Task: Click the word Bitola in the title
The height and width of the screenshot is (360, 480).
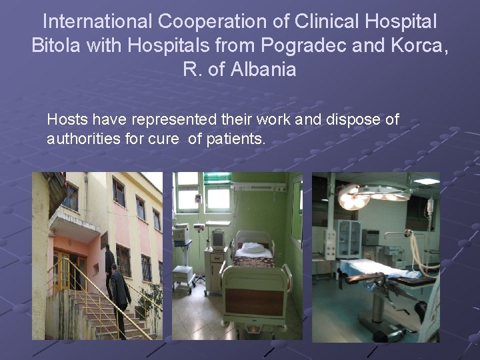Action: pos(57,45)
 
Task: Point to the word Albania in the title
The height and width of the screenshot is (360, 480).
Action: pos(263,69)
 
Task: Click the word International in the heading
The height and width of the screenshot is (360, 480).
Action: pos(97,22)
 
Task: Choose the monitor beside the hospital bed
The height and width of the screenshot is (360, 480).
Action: pos(217,239)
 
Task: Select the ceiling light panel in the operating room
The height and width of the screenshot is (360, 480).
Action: pos(426,181)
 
